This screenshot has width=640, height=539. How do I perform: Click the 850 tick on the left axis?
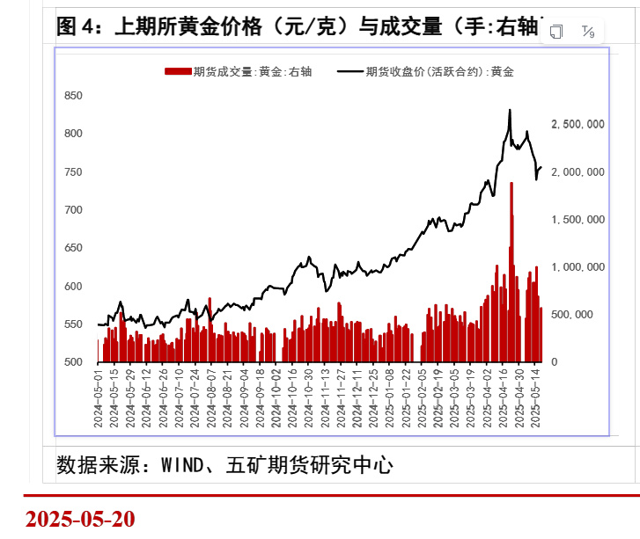click(74, 96)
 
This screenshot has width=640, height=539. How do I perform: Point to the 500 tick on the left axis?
click(74, 362)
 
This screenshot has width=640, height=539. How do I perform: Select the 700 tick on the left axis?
click(74, 210)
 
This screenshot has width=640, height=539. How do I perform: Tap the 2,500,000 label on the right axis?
click(577, 125)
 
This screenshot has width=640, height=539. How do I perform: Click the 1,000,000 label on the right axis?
click(577, 267)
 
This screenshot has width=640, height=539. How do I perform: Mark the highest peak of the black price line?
click(510, 111)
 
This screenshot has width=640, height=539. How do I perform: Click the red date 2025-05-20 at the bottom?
click(80, 518)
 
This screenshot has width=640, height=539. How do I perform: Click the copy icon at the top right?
click(556, 32)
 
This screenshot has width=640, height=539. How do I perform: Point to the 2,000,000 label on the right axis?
click(577, 172)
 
